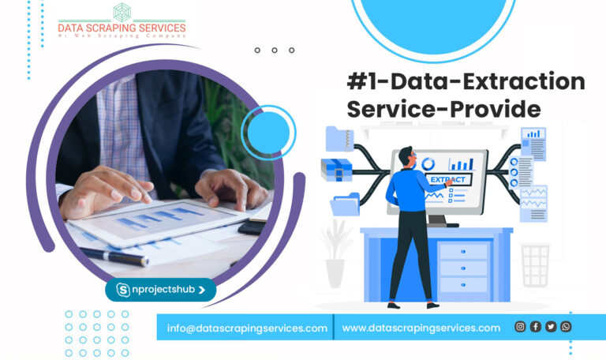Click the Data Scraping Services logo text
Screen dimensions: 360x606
(122, 29)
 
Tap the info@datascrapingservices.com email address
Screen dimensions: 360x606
(247, 328)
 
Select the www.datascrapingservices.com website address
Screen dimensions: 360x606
(421, 328)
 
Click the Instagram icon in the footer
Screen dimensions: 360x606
(520, 327)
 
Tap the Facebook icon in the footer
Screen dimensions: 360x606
(536, 327)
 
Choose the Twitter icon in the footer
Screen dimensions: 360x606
(551, 327)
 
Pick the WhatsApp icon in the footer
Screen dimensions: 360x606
(566, 327)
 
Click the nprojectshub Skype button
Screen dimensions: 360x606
(161, 290)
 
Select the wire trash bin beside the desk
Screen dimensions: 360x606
(535, 264)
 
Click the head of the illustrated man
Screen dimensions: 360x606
(406, 156)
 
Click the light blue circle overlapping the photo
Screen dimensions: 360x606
(267, 130)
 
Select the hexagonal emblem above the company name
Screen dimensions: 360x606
(122, 11)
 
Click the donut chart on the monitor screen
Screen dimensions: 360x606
(428, 164)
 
